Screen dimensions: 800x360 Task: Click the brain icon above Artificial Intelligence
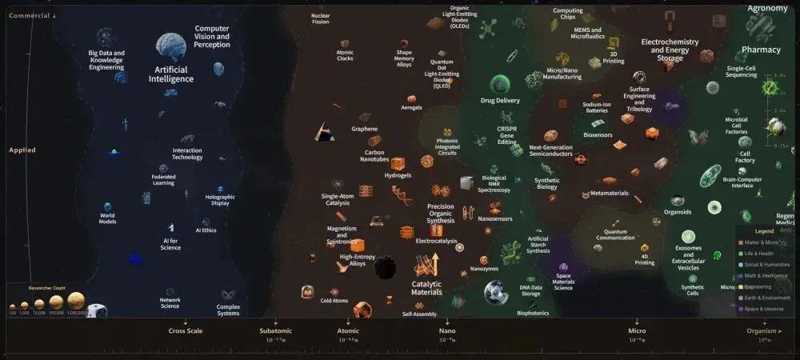coord(171,48)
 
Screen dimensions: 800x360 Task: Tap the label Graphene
coord(364,129)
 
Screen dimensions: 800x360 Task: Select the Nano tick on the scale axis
coord(447,330)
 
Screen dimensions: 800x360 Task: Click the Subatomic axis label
coord(276,330)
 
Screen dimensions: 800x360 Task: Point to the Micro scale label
coord(637,330)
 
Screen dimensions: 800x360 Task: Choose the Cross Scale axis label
coord(185,330)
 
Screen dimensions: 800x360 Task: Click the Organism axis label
coord(761,330)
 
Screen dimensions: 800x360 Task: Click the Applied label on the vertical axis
coord(22,150)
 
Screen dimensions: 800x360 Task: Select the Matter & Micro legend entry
coord(761,242)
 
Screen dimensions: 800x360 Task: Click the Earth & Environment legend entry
coord(765,298)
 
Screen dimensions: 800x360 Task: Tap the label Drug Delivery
coord(500,101)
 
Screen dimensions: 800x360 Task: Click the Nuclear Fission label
coord(320,18)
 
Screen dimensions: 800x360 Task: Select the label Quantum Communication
coord(614,234)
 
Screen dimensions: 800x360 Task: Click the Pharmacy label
coord(761,50)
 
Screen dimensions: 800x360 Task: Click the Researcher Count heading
coord(46,287)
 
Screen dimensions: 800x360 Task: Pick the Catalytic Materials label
coord(426,288)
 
